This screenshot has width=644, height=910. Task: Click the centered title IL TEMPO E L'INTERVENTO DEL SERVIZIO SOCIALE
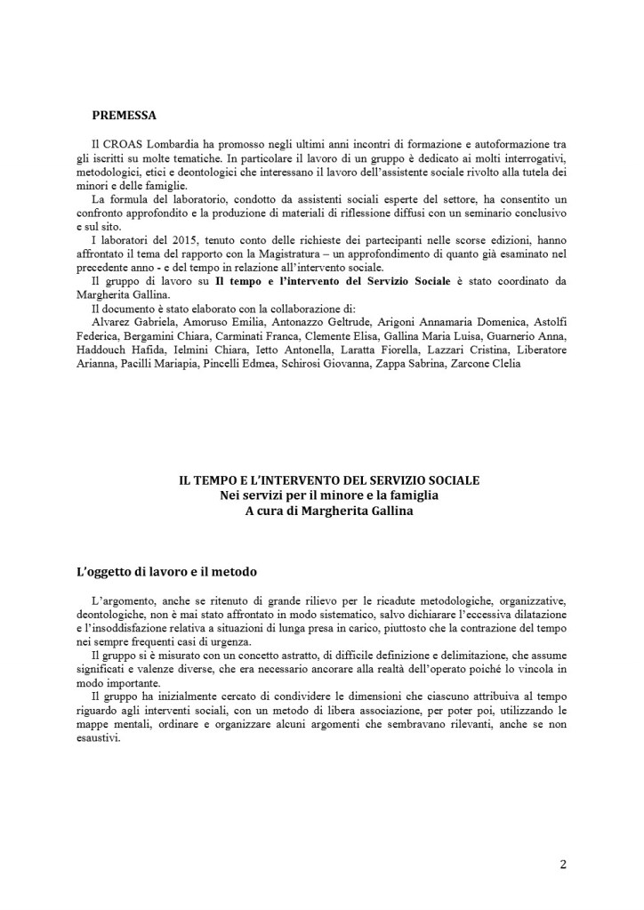329,480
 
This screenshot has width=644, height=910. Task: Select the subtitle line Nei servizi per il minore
329,495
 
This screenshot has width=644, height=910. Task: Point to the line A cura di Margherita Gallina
329,510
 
